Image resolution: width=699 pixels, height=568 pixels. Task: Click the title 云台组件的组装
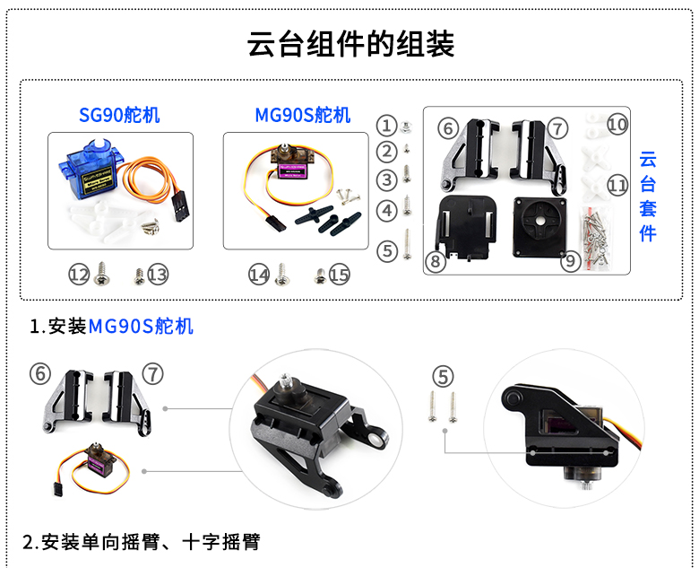coord(350,44)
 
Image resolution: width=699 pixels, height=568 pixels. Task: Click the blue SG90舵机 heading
coord(119,115)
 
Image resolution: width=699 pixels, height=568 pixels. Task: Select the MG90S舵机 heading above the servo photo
coord(303,115)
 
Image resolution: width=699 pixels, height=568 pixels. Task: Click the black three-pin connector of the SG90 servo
coord(179,207)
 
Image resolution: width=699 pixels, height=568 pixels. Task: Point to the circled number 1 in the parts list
coord(386,126)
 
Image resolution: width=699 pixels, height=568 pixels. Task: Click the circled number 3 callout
coord(387,180)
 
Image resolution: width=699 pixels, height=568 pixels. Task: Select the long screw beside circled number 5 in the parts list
coord(407,244)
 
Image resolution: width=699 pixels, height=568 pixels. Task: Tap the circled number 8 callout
coord(436,261)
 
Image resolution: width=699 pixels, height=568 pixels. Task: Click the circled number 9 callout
coord(571,261)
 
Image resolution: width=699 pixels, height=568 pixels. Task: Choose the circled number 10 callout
coord(617,124)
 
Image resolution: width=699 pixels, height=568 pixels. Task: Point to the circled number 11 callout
coord(617,185)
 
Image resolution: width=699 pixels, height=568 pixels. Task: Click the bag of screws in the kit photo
coord(596,238)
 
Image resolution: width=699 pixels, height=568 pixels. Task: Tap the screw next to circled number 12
coord(102,274)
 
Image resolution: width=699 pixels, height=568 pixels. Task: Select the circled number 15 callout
coord(340,275)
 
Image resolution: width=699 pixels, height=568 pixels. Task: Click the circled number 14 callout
coord(259,275)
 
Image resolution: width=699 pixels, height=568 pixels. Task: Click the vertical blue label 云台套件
coord(648,197)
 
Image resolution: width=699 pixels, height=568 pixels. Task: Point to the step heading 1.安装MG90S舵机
coord(111,327)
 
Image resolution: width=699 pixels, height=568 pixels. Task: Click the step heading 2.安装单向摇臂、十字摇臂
coord(141,542)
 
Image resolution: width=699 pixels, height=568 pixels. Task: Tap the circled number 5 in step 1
coord(443,377)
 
